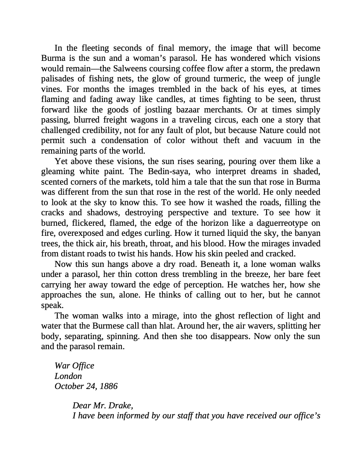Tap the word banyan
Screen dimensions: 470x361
click(x=308, y=233)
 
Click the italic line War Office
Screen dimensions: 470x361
click(x=74, y=366)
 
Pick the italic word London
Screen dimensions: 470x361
click(x=68, y=376)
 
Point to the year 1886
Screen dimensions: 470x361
click(x=108, y=386)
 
